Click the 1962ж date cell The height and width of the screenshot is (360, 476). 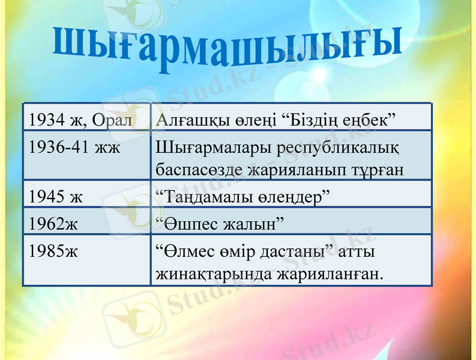[x=53, y=223]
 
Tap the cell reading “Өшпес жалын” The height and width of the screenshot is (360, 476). [x=219, y=223]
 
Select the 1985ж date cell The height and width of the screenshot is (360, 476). [x=53, y=250]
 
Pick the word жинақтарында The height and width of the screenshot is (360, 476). [x=213, y=274]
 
